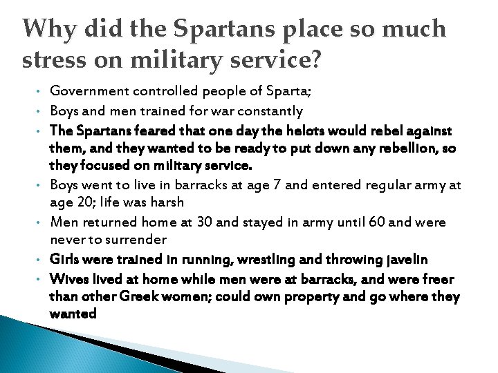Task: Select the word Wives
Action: click(68, 279)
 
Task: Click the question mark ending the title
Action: click(314, 60)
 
